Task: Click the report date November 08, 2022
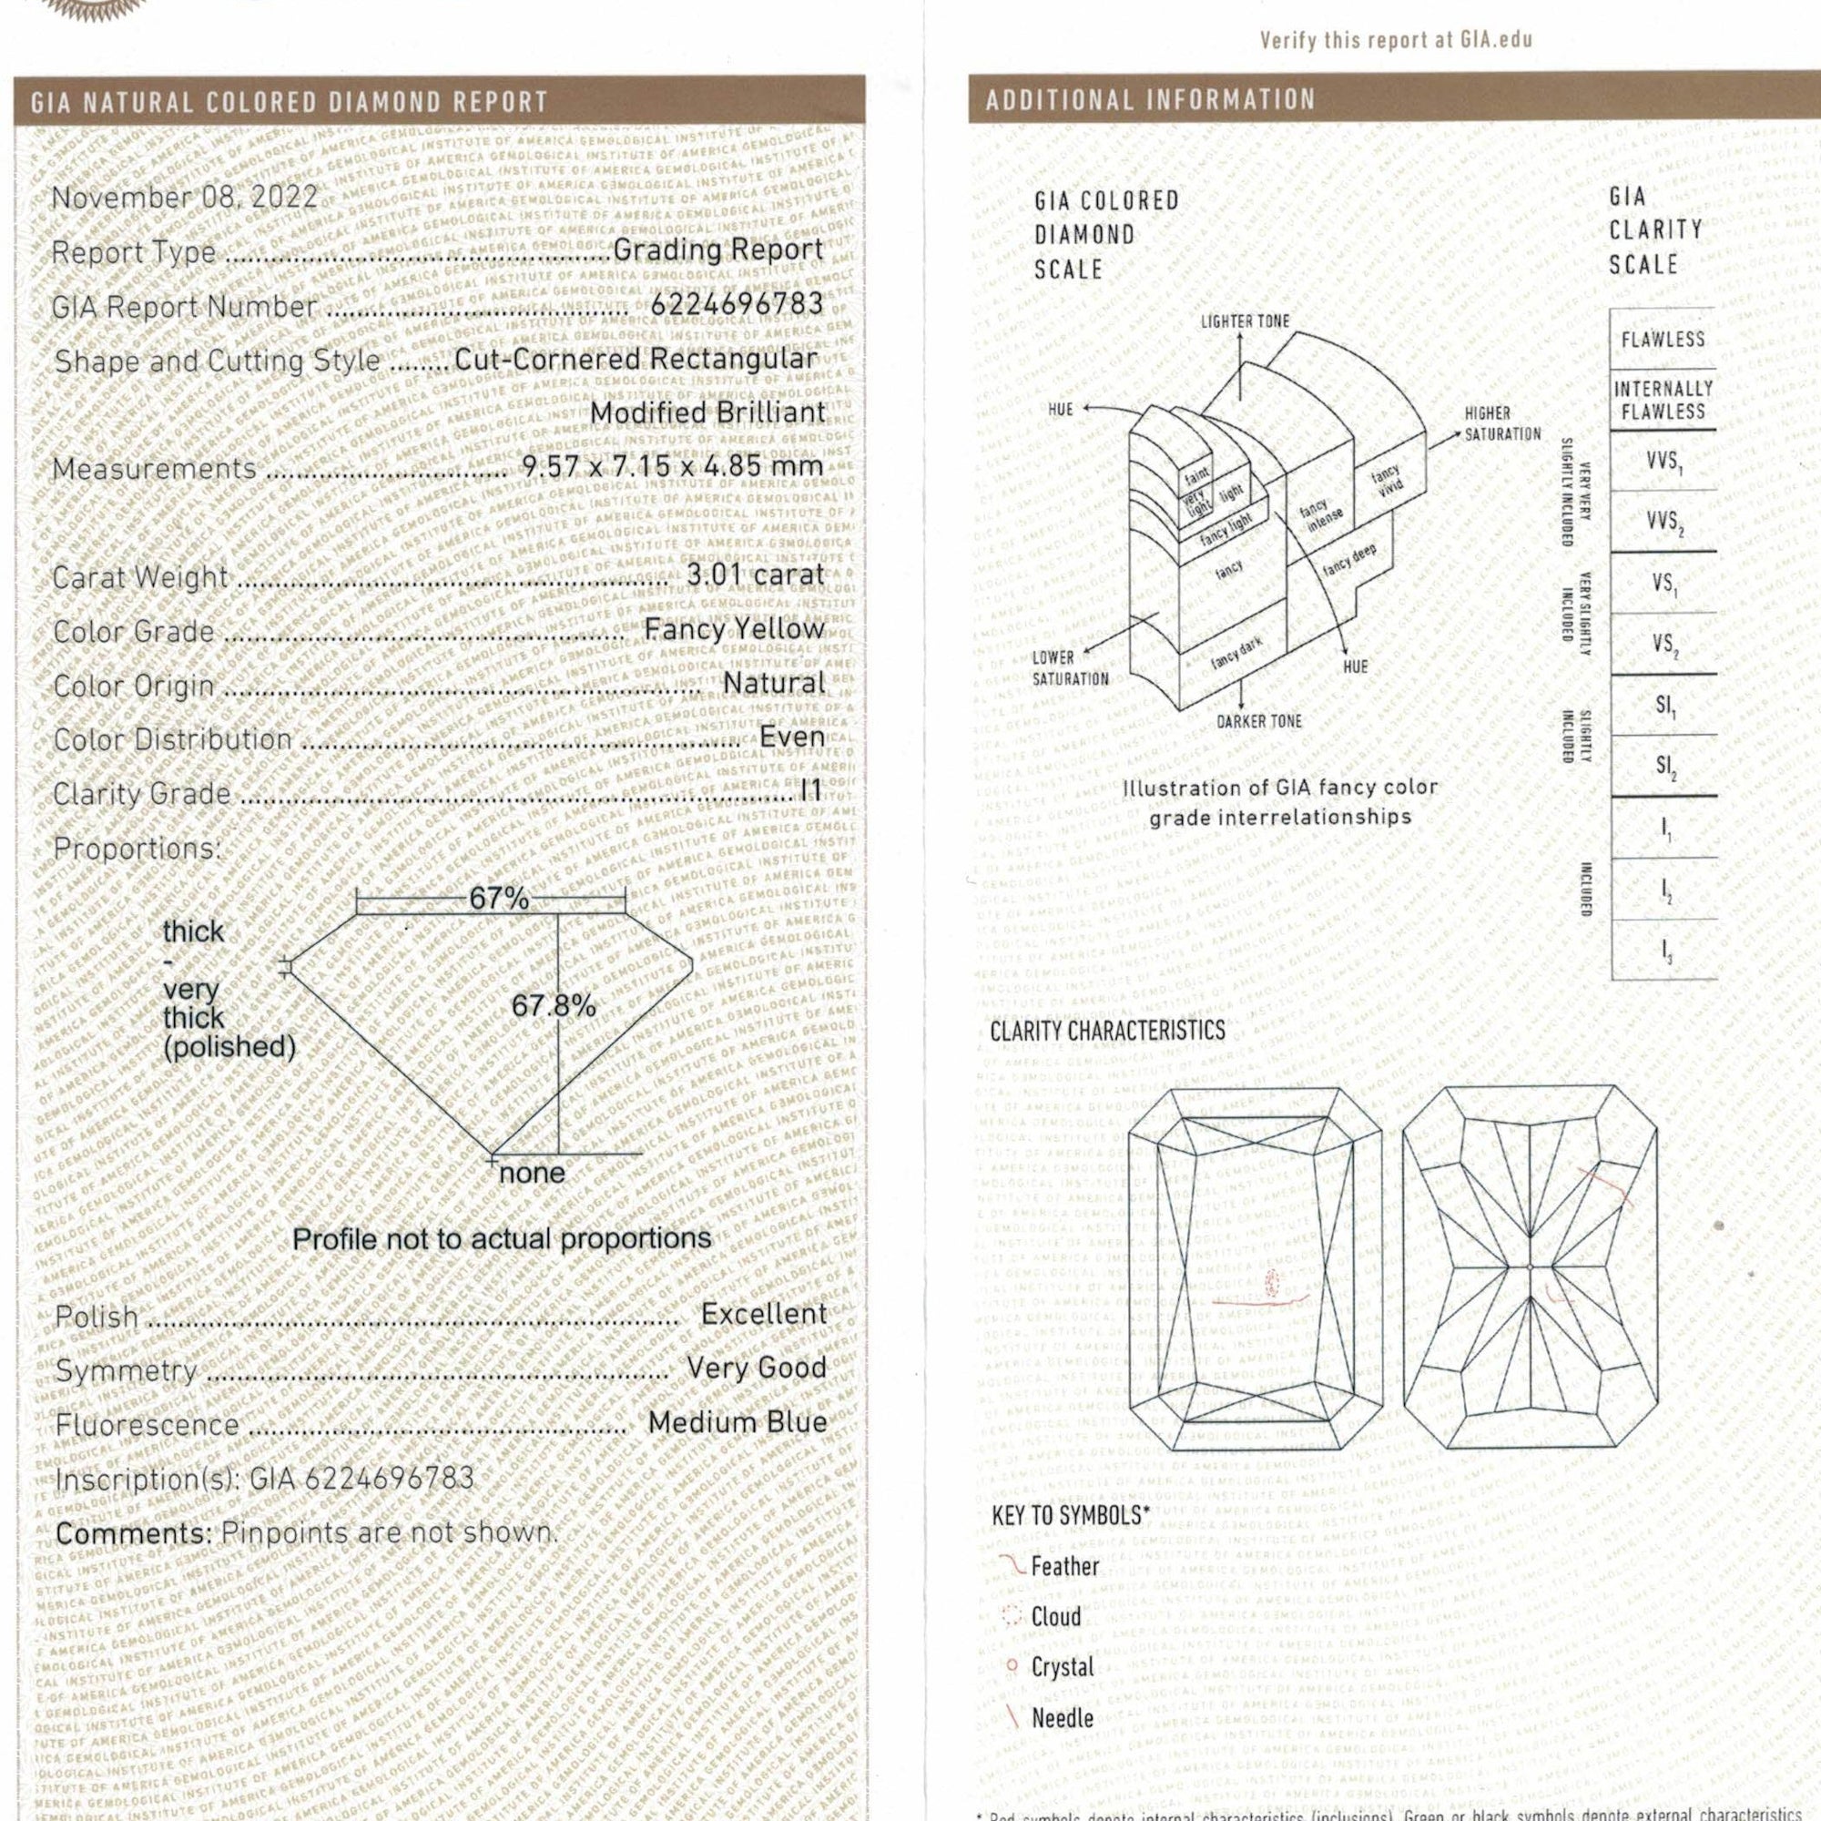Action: [x=185, y=198]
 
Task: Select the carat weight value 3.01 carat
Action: [x=756, y=574]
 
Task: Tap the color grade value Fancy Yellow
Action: [x=734, y=628]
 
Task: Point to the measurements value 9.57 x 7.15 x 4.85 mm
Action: [x=673, y=466]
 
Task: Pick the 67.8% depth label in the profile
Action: [x=554, y=1007]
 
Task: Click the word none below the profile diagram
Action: [x=533, y=1174]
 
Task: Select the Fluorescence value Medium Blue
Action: [x=738, y=1422]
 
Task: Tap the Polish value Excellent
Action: [x=764, y=1314]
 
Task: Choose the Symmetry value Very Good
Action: [x=756, y=1368]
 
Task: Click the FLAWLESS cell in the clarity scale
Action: [x=1663, y=340]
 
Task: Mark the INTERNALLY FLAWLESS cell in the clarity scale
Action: [x=1663, y=400]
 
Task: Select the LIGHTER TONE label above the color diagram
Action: [x=1244, y=321]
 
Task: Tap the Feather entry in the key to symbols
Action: [x=1064, y=1566]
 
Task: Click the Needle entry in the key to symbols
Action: [x=1063, y=1717]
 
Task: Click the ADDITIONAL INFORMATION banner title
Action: [x=1150, y=100]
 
